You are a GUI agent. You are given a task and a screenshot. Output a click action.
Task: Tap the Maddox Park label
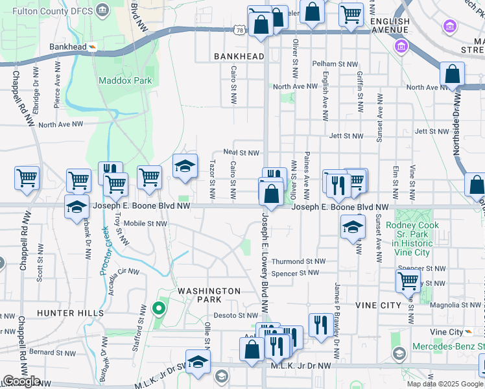point(125,80)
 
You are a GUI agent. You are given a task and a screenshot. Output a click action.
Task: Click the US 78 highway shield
point(239,30)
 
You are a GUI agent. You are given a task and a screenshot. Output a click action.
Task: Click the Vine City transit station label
point(447,332)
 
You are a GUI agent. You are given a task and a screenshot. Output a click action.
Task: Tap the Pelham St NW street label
point(335,64)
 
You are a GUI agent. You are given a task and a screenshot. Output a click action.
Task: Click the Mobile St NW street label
point(145,224)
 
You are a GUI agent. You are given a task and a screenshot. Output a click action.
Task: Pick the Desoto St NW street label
point(237,316)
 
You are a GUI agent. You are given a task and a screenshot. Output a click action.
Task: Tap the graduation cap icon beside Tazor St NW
point(185,167)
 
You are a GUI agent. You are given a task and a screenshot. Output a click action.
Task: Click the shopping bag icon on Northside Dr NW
point(453,75)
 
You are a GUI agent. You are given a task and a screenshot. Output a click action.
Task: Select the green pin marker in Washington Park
point(157,307)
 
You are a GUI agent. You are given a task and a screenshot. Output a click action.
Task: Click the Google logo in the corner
point(21,381)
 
